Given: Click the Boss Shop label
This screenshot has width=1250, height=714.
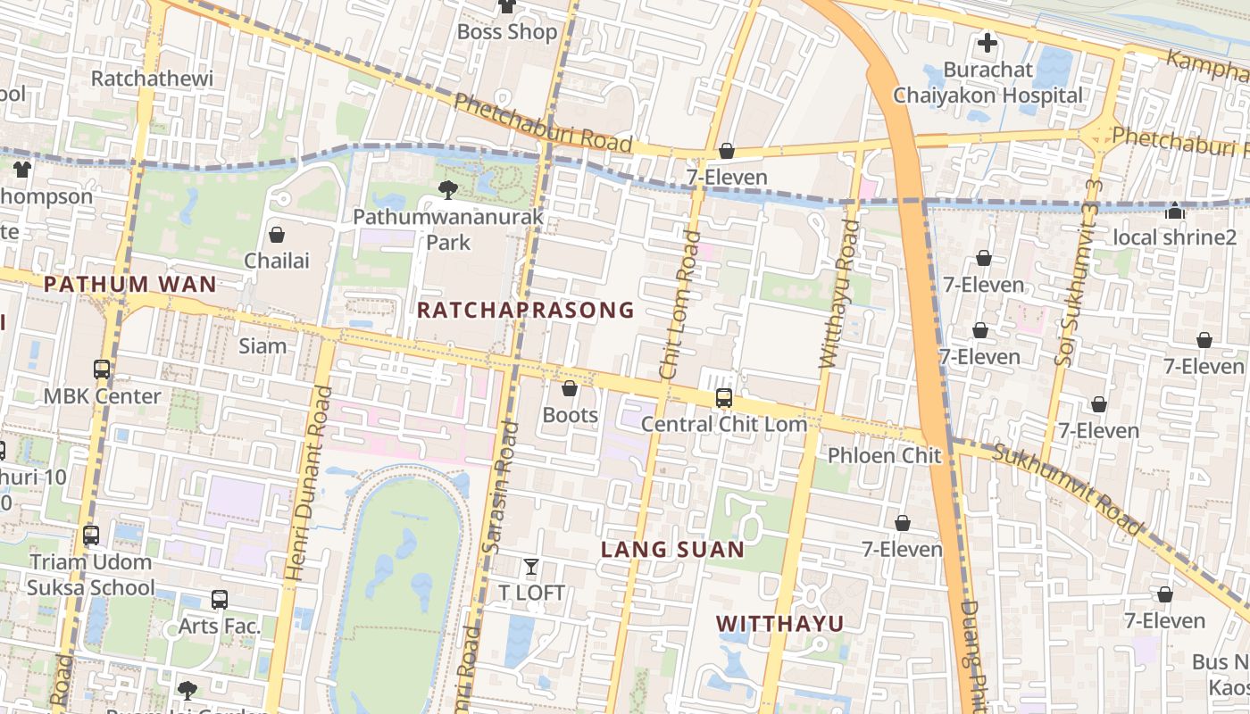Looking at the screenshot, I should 506,32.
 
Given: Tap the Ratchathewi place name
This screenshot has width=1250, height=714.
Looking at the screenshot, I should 153,79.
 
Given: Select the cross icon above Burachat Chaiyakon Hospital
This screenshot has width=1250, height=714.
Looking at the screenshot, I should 987,43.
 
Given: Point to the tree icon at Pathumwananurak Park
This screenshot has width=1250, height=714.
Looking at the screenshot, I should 448,189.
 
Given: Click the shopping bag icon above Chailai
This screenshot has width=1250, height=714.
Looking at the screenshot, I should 277,235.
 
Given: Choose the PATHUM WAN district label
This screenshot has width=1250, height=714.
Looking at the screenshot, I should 129,285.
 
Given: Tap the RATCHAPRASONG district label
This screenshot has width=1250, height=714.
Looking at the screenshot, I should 525,311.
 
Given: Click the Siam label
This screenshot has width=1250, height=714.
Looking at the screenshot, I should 262,346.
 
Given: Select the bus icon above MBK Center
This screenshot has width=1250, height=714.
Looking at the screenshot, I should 102,369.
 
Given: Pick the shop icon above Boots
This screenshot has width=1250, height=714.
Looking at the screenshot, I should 570,389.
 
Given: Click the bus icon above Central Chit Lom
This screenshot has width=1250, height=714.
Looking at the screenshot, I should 723,398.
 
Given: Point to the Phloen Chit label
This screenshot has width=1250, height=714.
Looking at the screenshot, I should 884,455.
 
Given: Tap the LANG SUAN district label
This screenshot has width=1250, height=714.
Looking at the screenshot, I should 672,549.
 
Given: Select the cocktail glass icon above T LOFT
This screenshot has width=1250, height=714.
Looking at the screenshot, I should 531,567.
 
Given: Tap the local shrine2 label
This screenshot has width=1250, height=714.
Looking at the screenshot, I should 1174,237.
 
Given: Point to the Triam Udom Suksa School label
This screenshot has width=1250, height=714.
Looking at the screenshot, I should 90,575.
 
